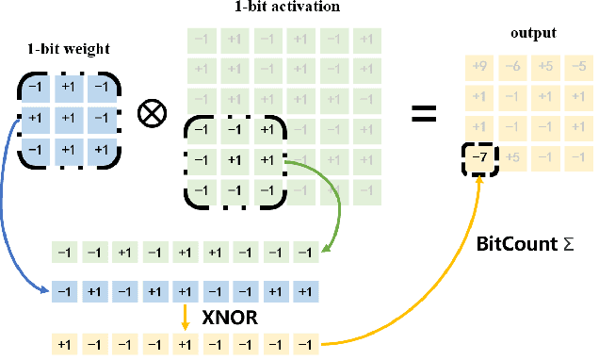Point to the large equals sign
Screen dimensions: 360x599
click(424, 114)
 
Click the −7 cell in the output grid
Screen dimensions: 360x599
click(478, 157)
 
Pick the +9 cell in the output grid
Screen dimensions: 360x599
click(478, 67)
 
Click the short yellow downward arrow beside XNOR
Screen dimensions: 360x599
click(186, 318)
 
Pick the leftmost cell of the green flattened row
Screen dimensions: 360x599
click(64, 253)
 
